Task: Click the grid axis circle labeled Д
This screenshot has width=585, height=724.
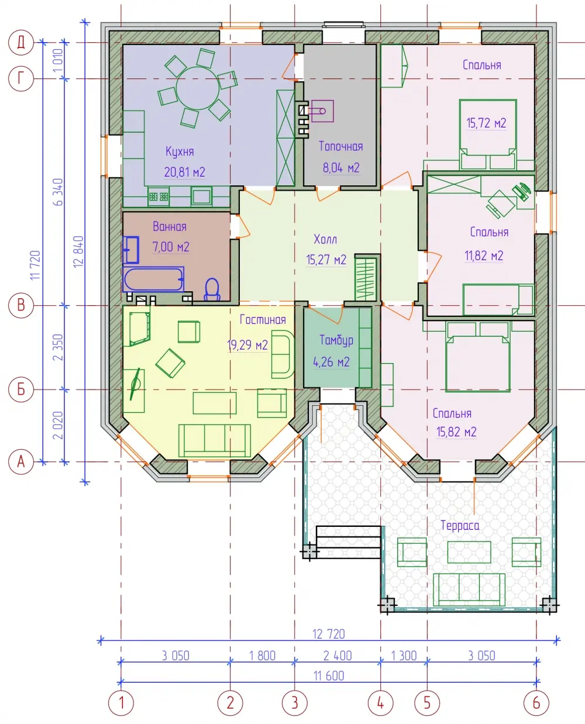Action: pos(20,43)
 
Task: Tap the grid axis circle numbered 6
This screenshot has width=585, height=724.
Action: pos(536,703)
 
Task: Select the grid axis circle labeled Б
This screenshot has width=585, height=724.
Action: pos(20,389)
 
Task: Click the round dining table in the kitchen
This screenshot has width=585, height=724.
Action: pos(198,88)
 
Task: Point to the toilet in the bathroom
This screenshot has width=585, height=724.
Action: pos(212,289)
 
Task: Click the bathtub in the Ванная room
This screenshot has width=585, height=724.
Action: pos(153,279)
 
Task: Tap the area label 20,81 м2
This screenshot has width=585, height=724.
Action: pos(185,173)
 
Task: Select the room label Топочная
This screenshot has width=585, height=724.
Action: pos(340,146)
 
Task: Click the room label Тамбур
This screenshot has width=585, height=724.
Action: pos(336,340)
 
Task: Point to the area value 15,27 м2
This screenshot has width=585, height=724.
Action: pos(326,260)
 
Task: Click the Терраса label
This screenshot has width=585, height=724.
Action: pos(460,526)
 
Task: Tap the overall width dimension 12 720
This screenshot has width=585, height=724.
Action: pos(328,634)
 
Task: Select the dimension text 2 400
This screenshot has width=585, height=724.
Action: pos(337,656)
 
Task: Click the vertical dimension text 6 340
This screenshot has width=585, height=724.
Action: pos(58,192)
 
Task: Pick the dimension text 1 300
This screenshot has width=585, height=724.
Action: pos(404,656)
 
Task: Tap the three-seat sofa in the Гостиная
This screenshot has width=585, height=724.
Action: pos(215,440)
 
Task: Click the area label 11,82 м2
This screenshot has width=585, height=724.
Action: pos(484,256)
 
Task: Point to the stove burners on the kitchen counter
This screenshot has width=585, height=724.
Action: pos(159,196)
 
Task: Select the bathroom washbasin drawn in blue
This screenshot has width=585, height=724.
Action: pos(131,250)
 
